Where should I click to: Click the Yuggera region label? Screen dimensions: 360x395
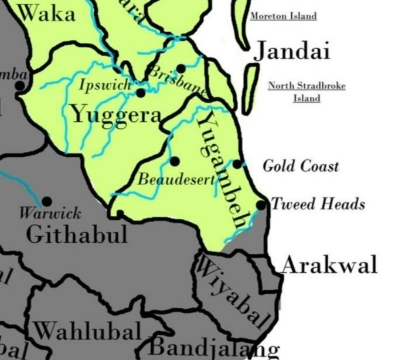point(116,114)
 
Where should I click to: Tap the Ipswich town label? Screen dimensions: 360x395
point(105,86)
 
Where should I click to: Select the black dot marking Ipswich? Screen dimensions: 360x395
point(141,93)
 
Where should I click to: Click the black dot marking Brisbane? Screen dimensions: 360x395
point(181,69)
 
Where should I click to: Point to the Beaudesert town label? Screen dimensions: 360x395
point(175,179)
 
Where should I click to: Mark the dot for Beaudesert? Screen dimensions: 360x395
point(174,161)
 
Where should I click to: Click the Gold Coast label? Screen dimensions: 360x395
point(300,166)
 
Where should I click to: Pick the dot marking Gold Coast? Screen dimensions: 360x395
point(237,164)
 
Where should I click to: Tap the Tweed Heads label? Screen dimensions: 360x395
point(318,204)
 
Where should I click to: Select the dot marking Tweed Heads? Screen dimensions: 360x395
point(261,205)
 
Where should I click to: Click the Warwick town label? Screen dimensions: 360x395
point(50,212)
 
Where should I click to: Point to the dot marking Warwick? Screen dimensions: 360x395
point(47,201)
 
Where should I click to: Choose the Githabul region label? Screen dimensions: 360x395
point(77,235)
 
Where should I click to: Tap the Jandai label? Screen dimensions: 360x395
point(291,52)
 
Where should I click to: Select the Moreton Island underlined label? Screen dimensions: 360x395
point(283,16)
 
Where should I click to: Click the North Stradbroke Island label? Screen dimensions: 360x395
point(307,92)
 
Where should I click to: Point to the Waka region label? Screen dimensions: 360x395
point(47,13)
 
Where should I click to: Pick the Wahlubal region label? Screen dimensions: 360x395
point(87,331)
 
